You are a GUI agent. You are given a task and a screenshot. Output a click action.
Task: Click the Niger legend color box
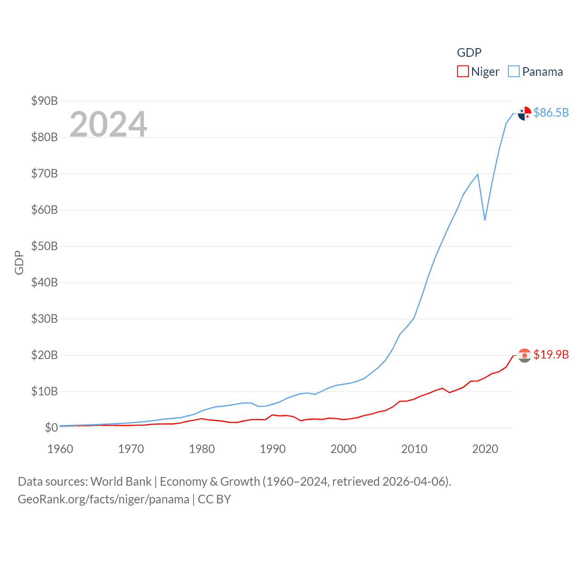point(463,72)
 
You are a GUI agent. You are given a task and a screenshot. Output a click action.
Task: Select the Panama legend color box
point(513,72)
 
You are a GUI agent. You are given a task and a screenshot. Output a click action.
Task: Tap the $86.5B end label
point(551,113)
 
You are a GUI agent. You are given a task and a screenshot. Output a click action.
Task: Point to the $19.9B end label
point(551,355)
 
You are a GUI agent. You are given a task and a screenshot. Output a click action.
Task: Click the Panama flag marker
point(524,113)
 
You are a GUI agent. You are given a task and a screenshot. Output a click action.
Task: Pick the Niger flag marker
point(524,355)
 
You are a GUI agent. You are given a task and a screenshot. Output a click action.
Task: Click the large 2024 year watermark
point(108,124)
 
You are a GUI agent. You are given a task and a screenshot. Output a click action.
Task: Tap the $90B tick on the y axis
point(44,101)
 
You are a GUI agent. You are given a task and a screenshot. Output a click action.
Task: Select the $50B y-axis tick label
point(44,246)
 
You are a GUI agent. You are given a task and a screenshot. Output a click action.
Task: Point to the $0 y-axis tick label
point(51,428)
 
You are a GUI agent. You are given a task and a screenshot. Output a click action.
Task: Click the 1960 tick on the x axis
point(60,449)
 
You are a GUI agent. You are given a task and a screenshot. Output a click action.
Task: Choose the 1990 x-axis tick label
point(273,449)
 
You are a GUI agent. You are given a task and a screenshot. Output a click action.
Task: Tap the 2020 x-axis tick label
point(485,449)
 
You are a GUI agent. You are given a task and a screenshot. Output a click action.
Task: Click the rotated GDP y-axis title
point(19,262)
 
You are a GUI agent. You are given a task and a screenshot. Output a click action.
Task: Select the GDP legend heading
point(469,53)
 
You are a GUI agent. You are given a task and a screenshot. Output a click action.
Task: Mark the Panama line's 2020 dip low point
point(485,220)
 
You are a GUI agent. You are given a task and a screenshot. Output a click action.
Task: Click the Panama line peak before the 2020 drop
point(478,174)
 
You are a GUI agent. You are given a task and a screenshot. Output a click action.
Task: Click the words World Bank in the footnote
point(121,482)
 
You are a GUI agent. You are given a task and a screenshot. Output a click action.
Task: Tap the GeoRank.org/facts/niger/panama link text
point(103,499)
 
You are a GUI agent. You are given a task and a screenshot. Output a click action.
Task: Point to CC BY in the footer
point(215,499)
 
